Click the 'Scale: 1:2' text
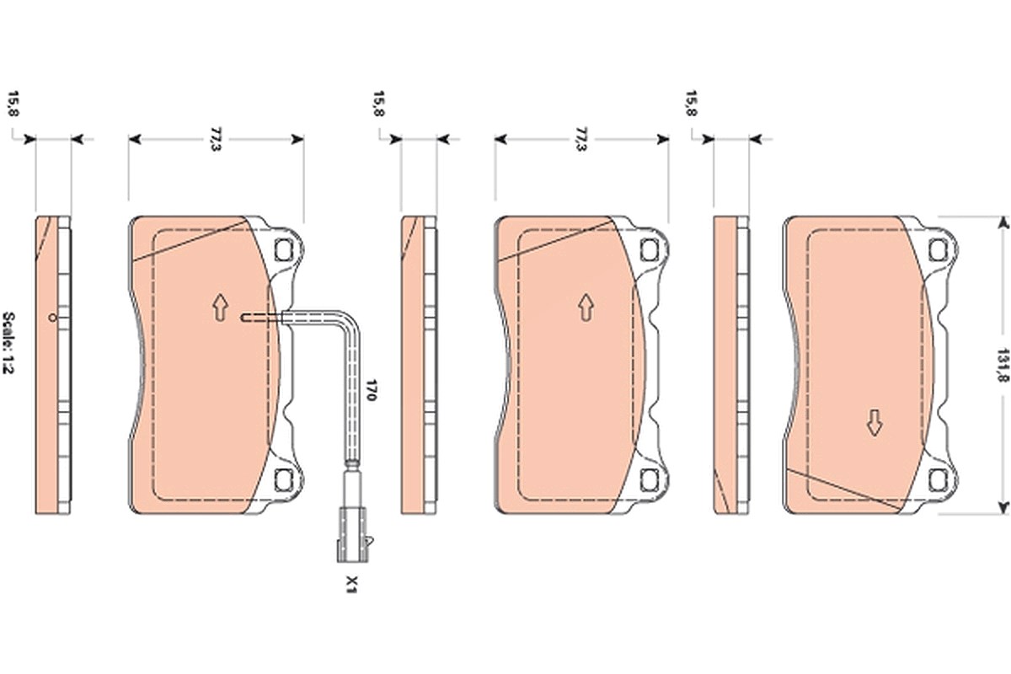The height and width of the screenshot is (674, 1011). click(x=8, y=342)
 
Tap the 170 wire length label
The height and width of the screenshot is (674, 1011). click(x=371, y=389)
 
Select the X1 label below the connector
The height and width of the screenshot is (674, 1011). click(x=351, y=584)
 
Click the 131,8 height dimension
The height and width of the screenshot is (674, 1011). click(x=1003, y=365)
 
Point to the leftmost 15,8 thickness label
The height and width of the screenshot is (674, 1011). click(x=13, y=104)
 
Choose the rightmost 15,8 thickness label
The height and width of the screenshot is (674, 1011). click(x=691, y=104)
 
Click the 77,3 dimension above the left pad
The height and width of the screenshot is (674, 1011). click(x=217, y=139)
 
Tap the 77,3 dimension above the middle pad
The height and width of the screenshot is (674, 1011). click(x=582, y=139)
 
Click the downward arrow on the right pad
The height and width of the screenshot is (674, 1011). click(x=875, y=423)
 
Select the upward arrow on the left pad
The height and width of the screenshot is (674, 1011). click(x=220, y=308)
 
